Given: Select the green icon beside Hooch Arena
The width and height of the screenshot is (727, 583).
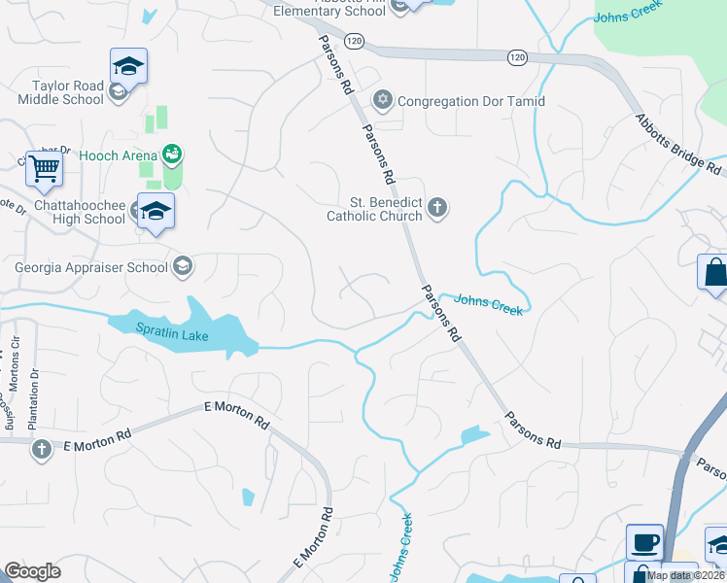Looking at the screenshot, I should (173, 153).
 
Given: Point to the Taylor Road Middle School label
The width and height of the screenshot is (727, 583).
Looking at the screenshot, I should (60, 92).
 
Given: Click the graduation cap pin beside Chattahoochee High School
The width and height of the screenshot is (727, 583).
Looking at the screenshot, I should (155, 211).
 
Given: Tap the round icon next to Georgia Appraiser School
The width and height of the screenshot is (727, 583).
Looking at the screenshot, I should (182, 266).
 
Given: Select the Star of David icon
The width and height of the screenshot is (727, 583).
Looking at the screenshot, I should (383, 100).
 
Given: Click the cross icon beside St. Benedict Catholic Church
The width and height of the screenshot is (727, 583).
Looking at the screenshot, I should (437, 206).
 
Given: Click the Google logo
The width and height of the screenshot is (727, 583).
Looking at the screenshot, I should (32, 571).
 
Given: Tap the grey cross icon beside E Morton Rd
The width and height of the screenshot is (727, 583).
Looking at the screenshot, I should (41, 449).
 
